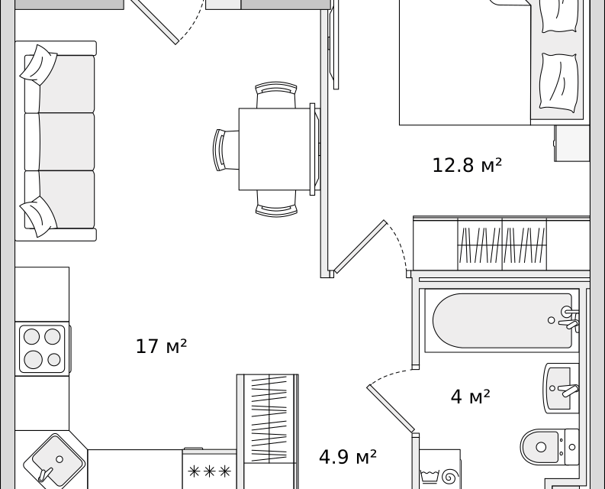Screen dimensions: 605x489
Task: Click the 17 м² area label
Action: [x=161, y=346]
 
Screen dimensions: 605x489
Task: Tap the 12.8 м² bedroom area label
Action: [x=467, y=165]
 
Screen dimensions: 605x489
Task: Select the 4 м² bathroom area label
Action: [x=470, y=397]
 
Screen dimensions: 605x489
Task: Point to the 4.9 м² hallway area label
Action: [x=348, y=457]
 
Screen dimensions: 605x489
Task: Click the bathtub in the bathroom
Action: [x=502, y=320]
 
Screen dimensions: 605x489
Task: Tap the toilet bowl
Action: [x=549, y=447]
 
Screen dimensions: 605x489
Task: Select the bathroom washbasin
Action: [x=561, y=388]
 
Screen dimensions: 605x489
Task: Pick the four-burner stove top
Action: [x=42, y=348]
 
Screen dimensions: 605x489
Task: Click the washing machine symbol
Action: [x=440, y=476]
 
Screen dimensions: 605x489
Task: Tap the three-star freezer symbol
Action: [x=209, y=471]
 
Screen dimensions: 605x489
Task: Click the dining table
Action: [x=275, y=149]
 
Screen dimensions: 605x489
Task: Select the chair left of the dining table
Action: [x=226, y=150]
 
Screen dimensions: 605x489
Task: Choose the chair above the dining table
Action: [x=276, y=95]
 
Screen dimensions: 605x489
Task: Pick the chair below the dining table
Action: [x=276, y=203]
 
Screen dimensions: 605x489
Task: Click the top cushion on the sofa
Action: [x=39, y=65]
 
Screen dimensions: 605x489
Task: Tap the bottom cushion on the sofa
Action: [x=39, y=216]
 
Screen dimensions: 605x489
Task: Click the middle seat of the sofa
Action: [x=66, y=141]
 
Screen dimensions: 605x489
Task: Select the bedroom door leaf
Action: [x=360, y=247]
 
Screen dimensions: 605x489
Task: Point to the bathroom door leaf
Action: [x=391, y=408]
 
